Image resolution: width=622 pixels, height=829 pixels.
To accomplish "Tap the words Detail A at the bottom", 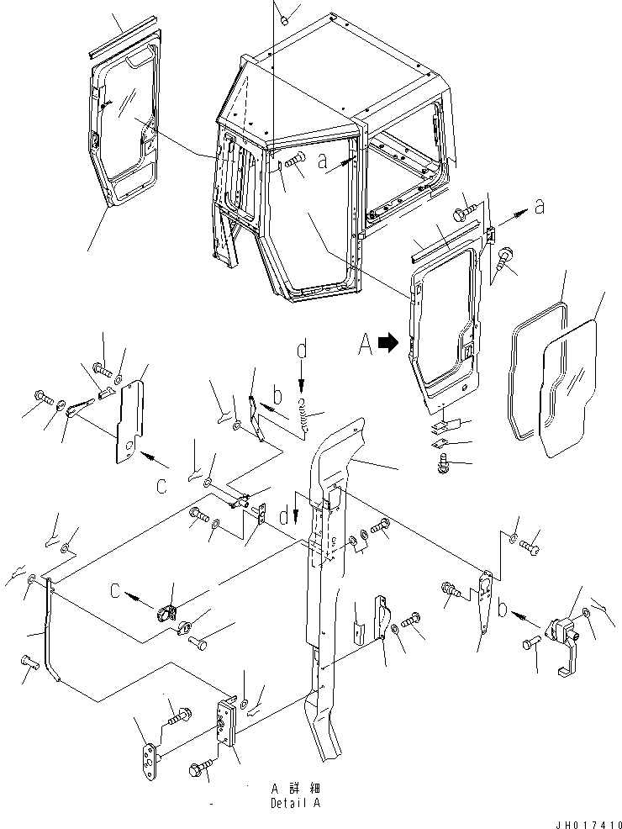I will pos(294,803).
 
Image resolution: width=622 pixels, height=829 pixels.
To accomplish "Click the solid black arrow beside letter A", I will pos(387,343).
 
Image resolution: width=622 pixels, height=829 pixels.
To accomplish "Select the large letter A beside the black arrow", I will pos(365,343).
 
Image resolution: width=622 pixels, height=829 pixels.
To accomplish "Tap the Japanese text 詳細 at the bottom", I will pos(303,789).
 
